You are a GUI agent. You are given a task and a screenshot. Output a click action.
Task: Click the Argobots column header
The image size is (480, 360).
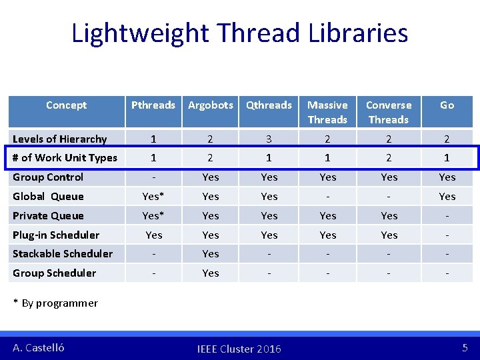(211, 105)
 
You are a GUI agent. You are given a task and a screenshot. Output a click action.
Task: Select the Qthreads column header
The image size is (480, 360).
(269, 105)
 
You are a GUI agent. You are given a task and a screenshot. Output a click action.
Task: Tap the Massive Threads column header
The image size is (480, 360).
(327, 112)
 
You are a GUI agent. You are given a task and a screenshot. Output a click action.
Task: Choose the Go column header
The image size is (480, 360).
(447, 105)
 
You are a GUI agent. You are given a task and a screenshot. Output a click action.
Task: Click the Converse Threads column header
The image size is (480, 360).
(389, 112)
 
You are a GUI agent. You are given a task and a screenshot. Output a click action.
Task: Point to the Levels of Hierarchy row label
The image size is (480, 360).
(60, 139)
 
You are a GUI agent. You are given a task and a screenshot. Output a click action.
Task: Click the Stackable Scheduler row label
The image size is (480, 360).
(63, 253)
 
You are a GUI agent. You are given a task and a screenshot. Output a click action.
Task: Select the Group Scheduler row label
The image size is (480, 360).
(55, 273)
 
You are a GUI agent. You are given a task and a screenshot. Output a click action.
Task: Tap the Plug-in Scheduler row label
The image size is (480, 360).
(56, 235)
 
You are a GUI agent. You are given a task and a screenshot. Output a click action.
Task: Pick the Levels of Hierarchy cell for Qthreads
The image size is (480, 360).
(269, 139)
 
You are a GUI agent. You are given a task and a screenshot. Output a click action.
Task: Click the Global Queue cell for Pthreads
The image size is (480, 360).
(153, 196)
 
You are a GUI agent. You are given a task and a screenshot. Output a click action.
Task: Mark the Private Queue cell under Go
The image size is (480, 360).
(447, 215)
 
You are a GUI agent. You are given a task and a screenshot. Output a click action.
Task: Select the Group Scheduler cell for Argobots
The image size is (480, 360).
(211, 273)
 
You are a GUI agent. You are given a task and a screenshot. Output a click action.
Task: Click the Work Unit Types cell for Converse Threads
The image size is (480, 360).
(389, 158)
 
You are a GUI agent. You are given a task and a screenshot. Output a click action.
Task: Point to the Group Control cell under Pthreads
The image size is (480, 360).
(153, 177)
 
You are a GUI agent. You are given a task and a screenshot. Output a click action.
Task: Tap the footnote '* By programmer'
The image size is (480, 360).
(56, 303)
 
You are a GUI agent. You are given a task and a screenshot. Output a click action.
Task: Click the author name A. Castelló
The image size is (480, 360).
(39, 347)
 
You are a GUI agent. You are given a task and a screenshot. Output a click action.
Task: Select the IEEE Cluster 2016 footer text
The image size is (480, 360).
(239, 349)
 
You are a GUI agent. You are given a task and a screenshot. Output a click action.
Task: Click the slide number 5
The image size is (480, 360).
(465, 347)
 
